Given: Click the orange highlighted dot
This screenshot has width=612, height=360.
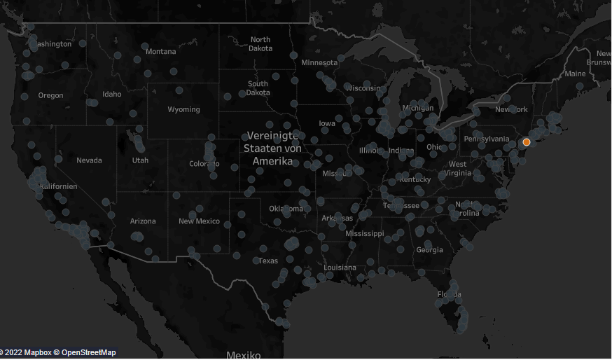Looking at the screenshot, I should (527, 142).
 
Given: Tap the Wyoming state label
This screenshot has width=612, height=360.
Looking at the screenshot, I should (183, 109).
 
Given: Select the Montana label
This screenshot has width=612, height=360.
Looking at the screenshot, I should (161, 52).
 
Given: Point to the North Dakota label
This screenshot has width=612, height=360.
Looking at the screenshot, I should (260, 44).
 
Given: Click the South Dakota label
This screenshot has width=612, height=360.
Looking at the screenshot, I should (258, 88).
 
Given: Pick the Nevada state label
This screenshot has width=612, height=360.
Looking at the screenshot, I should (89, 160).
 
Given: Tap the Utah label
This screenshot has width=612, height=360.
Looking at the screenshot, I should (140, 160).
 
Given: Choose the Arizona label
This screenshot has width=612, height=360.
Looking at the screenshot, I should (143, 221).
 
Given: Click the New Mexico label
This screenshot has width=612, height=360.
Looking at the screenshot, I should (199, 221).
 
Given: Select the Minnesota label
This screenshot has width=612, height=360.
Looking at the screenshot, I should (319, 63).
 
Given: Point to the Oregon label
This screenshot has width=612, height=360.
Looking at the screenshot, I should (50, 95).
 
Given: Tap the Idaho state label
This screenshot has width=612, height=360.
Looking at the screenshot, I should (111, 94).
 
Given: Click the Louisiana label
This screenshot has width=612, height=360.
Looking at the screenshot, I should (340, 268).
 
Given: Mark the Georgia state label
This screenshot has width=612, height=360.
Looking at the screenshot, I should (429, 250).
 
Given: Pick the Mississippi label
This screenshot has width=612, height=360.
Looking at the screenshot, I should (364, 233).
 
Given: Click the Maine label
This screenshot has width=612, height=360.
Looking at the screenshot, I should (575, 74).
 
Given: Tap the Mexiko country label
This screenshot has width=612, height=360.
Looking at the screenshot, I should (244, 355).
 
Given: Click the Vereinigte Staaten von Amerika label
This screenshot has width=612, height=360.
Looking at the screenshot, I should (272, 148).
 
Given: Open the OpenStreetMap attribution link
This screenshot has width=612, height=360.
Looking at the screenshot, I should (88, 352).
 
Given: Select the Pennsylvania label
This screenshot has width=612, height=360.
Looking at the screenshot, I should (486, 139).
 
